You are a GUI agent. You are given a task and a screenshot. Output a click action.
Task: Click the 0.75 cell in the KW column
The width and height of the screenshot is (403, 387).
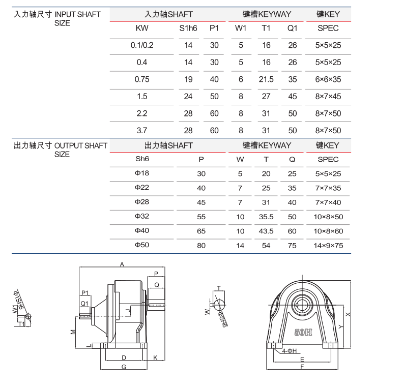pyautogui.click(x=142, y=79)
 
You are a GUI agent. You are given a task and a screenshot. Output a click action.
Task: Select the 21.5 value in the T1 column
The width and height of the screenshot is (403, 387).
pyautogui.click(x=266, y=79)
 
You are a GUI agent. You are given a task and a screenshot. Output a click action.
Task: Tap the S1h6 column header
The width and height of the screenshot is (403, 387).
pyautogui.click(x=188, y=28)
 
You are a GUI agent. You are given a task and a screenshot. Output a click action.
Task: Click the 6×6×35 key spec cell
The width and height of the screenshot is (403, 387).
pyautogui.click(x=328, y=79)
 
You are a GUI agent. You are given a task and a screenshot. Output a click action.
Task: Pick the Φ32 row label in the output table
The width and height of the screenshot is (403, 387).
pyautogui.click(x=142, y=216)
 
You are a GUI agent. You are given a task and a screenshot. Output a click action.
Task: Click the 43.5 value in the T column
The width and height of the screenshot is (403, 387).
pyautogui.click(x=266, y=231)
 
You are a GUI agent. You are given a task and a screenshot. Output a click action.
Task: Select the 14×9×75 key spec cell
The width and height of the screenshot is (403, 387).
pyautogui.click(x=328, y=245)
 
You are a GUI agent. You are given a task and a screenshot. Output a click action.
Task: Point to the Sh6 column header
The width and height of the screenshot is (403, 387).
pyautogui.click(x=142, y=159)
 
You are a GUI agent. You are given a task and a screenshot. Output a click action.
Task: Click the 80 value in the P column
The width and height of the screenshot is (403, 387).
pyautogui.click(x=201, y=245)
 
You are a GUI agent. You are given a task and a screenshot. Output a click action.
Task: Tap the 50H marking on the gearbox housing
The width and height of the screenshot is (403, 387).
pyautogui.click(x=303, y=333)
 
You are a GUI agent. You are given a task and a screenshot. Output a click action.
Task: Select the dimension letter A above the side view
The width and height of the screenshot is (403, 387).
pyautogui.click(x=122, y=264)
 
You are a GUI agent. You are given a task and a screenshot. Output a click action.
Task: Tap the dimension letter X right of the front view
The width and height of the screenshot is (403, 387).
pyautogui.click(x=348, y=314)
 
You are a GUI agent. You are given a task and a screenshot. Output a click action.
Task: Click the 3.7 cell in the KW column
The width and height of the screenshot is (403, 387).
pyautogui.click(x=142, y=130)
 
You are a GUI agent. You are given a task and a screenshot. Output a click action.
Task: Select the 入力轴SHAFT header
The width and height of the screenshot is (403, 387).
pyautogui.click(x=168, y=15)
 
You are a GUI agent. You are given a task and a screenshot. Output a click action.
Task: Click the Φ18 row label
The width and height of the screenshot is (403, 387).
pyautogui.click(x=142, y=173)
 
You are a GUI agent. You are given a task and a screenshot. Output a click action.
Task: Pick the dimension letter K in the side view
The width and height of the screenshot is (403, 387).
pyautogui.click(x=155, y=358)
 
